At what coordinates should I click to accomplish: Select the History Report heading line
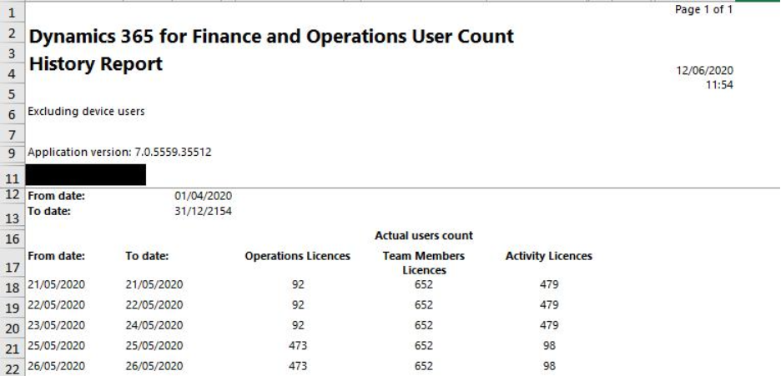click(x=95, y=64)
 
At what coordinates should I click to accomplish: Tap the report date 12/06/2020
click(x=705, y=71)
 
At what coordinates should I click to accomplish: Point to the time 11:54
click(x=719, y=84)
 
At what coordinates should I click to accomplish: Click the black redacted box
click(x=86, y=174)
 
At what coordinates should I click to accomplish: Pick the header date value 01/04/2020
click(x=203, y=197)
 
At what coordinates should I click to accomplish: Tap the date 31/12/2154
click(x=203, y=211)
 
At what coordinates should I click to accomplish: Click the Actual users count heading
click(x=424, y=236)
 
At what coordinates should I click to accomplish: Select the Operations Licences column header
click(x=297, y=256)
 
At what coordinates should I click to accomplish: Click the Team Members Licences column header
click(x=423, y=263)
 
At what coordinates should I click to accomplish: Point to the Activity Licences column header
click(x=548, y=256)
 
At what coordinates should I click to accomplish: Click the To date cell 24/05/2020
click(x=154, y=325)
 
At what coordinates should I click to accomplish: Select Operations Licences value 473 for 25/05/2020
click(x=298, y=345)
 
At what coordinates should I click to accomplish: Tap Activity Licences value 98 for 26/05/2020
click(x=548, y=366)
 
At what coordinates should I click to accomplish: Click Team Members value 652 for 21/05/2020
click(x=423, y=284)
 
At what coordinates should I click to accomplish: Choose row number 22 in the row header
click(x=12, y=367)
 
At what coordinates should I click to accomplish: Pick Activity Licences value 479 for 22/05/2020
click(x=548, y=305)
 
